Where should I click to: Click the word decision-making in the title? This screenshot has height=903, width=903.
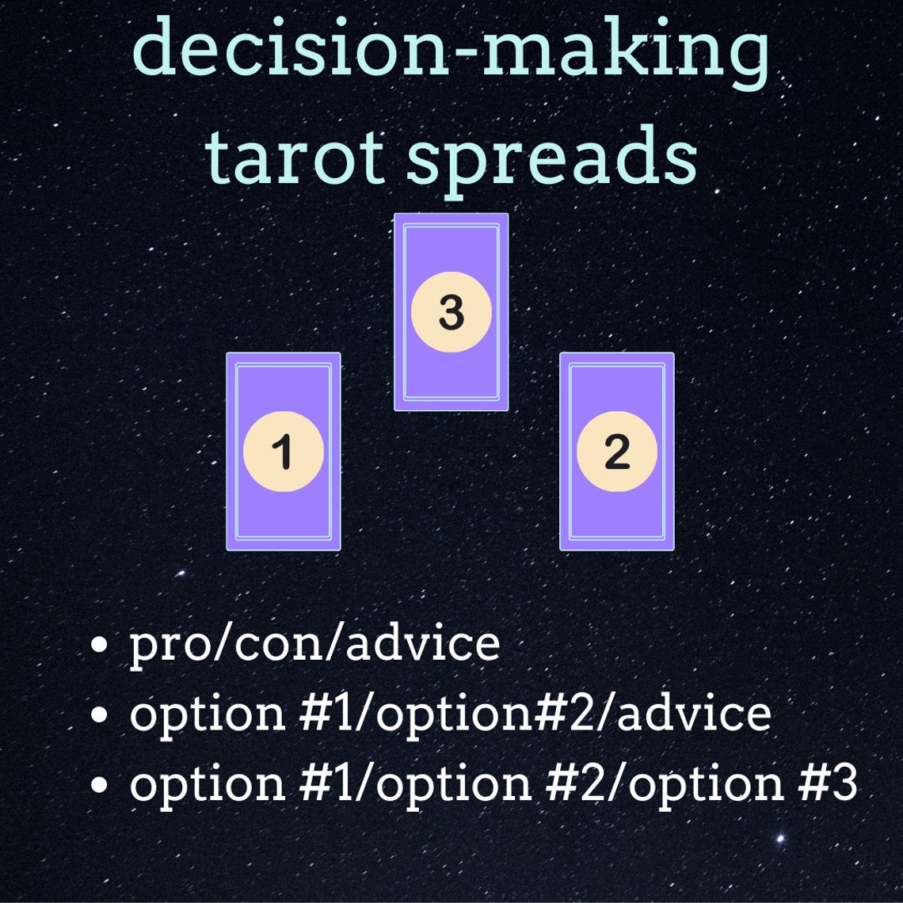[x=450, y=48]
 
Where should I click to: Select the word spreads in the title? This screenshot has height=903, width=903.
[x=552, y=158]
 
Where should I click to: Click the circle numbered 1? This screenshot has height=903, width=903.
[x=284, y=451]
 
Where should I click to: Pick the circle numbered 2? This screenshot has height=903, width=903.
[x=617, y=451]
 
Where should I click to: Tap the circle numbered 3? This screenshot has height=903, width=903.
[x=451, y=312]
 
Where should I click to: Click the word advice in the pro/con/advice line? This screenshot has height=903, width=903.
[x=423, y=642]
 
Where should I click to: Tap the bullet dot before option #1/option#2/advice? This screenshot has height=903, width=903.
[x=100, y=714]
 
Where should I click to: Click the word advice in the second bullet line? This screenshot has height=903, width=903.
[x=693, y=712]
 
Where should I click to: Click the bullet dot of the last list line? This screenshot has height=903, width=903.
[x=100, y=783]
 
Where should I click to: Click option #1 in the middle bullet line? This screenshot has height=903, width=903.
[x=242, y=713]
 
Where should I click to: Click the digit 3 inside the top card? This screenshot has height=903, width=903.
[x=451, y=312]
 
